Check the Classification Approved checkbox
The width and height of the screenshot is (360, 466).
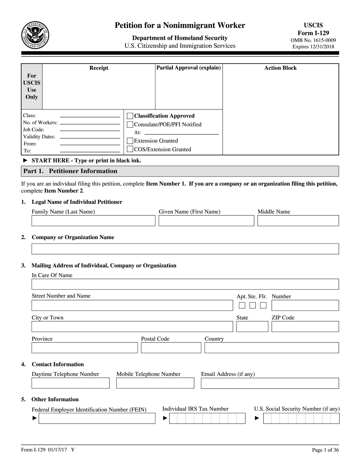130,116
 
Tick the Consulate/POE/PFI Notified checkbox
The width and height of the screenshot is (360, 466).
130,124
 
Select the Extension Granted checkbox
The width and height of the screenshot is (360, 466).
130,141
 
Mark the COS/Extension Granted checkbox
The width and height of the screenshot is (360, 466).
130,149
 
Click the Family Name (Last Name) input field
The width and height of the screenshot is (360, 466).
93,221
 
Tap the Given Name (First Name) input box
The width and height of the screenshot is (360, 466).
206,221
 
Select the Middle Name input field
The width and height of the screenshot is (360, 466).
298,221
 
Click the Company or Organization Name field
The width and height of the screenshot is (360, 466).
185,249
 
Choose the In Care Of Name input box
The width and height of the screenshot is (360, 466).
185,284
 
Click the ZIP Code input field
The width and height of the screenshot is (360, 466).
305,327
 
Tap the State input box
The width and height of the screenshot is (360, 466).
252,327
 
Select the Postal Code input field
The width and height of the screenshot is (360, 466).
171,348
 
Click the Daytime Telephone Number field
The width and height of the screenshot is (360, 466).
70,383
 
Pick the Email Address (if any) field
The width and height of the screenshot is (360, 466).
270,383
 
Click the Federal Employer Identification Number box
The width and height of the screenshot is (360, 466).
97,418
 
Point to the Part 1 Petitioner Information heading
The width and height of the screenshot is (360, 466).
70,171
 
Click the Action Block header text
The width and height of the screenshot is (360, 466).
280,68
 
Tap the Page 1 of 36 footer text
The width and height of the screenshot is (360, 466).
325,450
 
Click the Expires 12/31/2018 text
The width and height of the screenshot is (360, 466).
313,47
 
